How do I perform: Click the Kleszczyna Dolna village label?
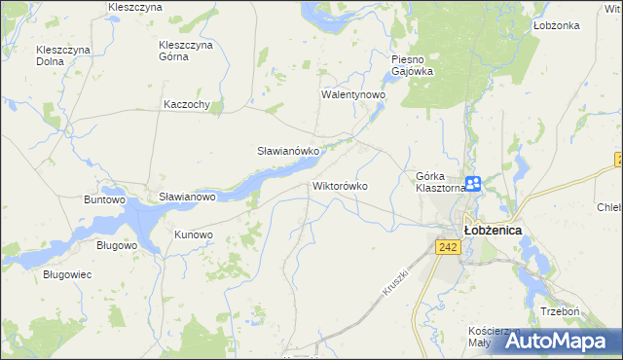(x=63, y=55)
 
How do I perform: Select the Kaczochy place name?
(x=188, y=104)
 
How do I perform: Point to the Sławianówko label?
(x=288, y=152)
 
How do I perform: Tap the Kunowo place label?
(x=193, y=234)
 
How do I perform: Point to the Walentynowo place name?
(x=354, y=95)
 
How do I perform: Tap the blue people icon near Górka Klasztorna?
(x=472, y=183)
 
